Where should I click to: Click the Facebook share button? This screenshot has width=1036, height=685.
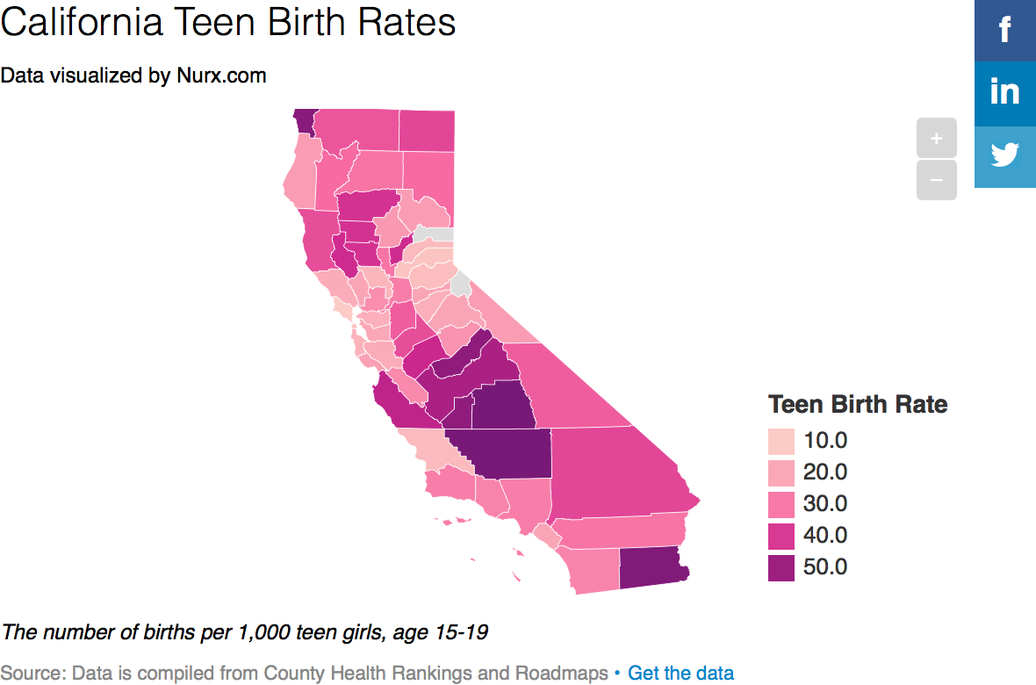[1005, 31]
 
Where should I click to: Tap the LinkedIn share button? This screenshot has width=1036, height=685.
[1005, 92]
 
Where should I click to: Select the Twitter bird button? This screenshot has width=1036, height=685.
[1005, 155]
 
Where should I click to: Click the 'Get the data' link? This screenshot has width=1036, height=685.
[680, 674]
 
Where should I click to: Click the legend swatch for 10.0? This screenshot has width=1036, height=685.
[781, 441]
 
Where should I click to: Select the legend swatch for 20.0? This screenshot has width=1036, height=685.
[781, 472]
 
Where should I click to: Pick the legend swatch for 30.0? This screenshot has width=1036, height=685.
[781, 504]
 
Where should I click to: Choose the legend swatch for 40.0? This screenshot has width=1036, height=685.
[781, 536]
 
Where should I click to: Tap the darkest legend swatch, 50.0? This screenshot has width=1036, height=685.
[781, 567]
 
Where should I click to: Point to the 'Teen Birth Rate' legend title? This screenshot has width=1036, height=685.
[858, 404]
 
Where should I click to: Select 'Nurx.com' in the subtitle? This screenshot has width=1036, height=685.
[222, 76]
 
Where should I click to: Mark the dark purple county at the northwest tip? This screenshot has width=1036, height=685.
[303, 120]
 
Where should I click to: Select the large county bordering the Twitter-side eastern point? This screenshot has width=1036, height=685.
[615, 474]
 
